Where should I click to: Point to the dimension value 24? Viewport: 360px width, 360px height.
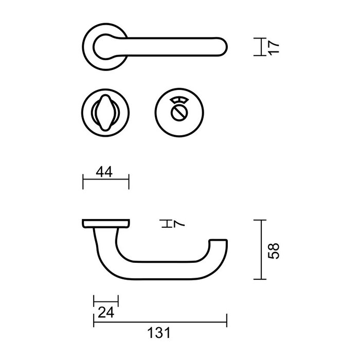[x=104, y=312]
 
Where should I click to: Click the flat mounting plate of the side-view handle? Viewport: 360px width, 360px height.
[x=105, y=223]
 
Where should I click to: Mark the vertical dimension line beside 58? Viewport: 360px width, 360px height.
[x=262, y=250]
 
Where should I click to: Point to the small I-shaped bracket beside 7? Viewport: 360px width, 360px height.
[x=166, y=224]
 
